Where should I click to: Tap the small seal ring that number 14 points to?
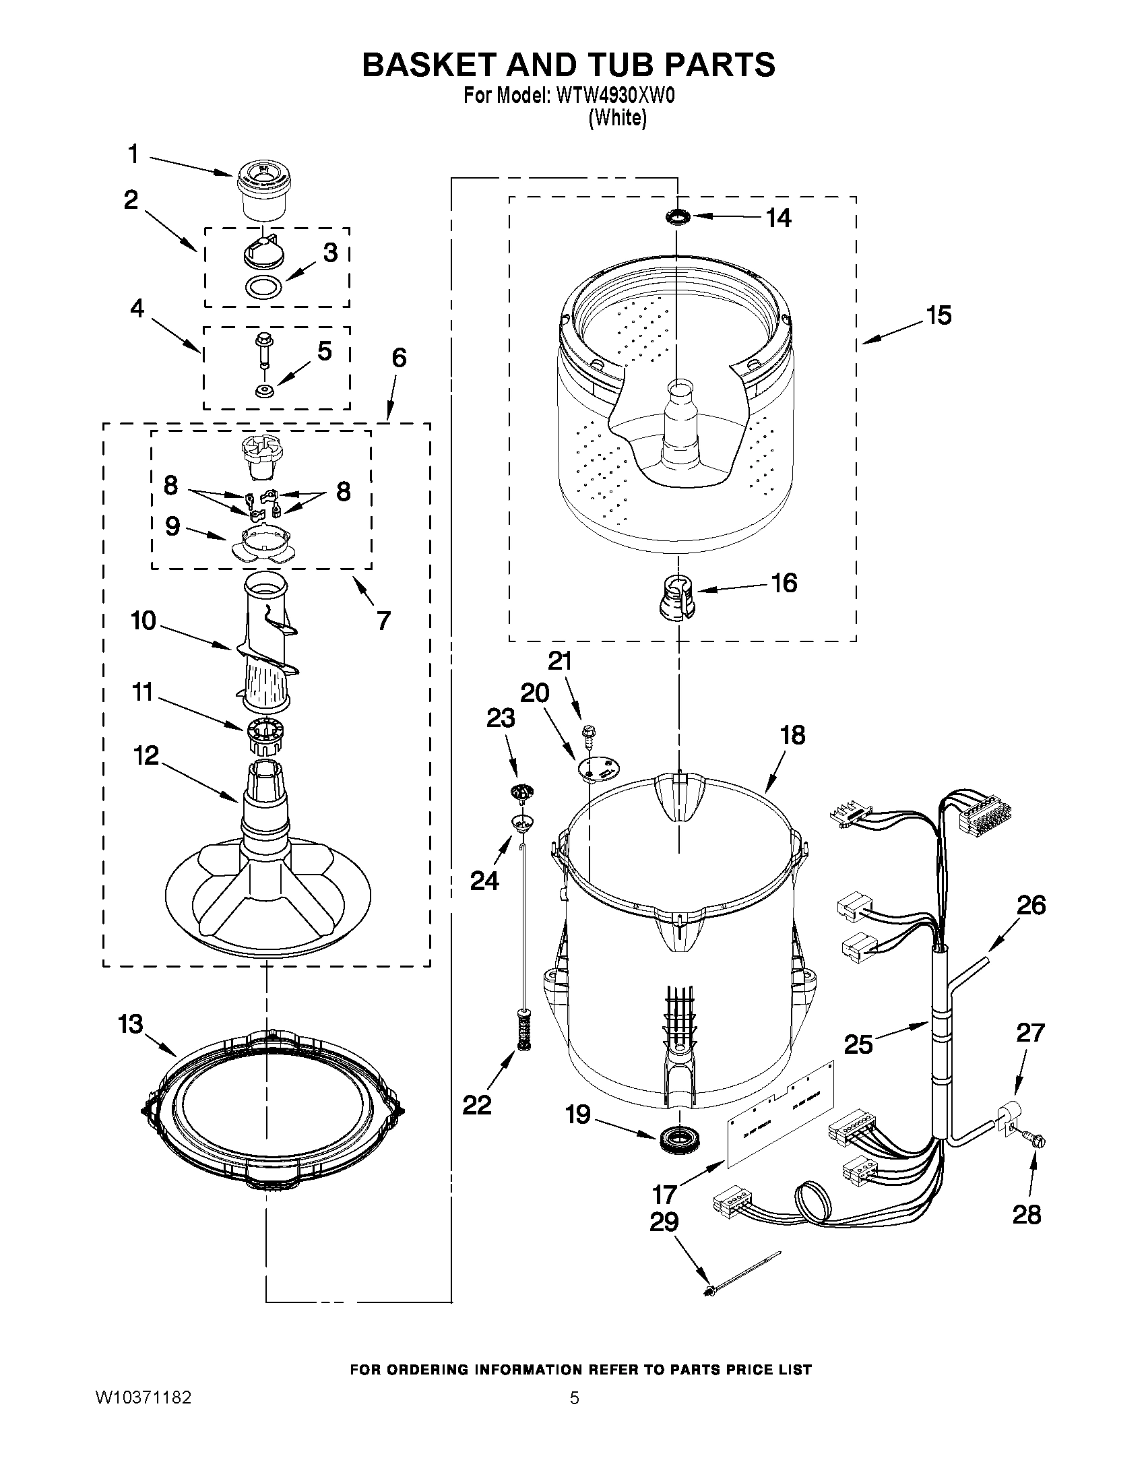pos(676,216)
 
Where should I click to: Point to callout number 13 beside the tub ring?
pos(131,1024)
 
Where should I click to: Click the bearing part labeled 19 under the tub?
pos(677,1135)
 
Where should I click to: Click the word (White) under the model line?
pos(617,117)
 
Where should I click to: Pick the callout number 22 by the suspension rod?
pos(476,1106)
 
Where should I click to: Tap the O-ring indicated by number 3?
pos(263,286)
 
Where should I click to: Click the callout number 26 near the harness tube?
pos(1031,905)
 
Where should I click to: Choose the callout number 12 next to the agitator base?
pos(146,755)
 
